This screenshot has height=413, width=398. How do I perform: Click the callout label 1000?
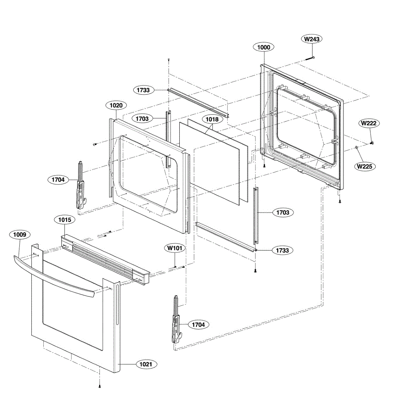[x=264, y=47]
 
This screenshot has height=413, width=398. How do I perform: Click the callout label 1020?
[x=116, y=105]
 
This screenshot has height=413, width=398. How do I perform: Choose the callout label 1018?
[x=212, y=119]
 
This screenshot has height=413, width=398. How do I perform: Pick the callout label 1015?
[x=65, y=220]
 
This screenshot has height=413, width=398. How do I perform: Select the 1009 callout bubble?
[x=20, y=235]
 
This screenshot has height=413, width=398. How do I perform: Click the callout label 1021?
[x=146, y=364]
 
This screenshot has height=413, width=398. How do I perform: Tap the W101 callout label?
[x=175, y=248]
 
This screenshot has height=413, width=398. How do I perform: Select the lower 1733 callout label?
[x=282, y=250]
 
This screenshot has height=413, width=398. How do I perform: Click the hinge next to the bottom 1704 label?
[x=176, y=320]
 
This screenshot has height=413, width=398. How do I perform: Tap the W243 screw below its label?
[x=311, y=57]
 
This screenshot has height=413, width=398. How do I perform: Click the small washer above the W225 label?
[x=356, y=148]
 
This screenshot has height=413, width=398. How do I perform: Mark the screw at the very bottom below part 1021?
[x=99, y=386]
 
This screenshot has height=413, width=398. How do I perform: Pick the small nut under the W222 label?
[x=371, y=142]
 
